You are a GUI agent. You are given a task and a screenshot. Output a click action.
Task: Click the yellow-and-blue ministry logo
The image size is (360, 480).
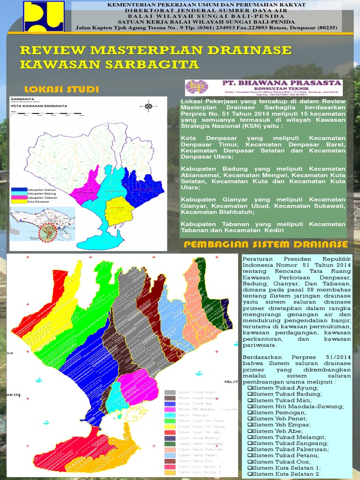(45, 16)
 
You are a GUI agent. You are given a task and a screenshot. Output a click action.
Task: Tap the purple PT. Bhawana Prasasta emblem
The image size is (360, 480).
(197, 87)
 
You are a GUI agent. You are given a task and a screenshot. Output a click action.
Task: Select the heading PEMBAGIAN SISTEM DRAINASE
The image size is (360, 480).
(266, 244)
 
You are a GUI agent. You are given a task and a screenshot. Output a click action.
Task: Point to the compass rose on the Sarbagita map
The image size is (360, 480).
(149, 106)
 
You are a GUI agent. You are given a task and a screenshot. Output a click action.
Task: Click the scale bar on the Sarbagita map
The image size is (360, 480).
(47, 114)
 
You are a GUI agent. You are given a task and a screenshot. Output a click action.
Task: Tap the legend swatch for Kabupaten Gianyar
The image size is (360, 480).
(20, 190)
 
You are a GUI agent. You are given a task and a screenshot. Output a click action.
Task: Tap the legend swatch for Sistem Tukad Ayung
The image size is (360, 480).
(170, 392)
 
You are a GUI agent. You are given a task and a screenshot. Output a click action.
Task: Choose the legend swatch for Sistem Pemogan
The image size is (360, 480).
(170, 415)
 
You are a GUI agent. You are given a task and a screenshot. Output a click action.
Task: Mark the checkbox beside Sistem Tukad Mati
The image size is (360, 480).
(250, 400)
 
